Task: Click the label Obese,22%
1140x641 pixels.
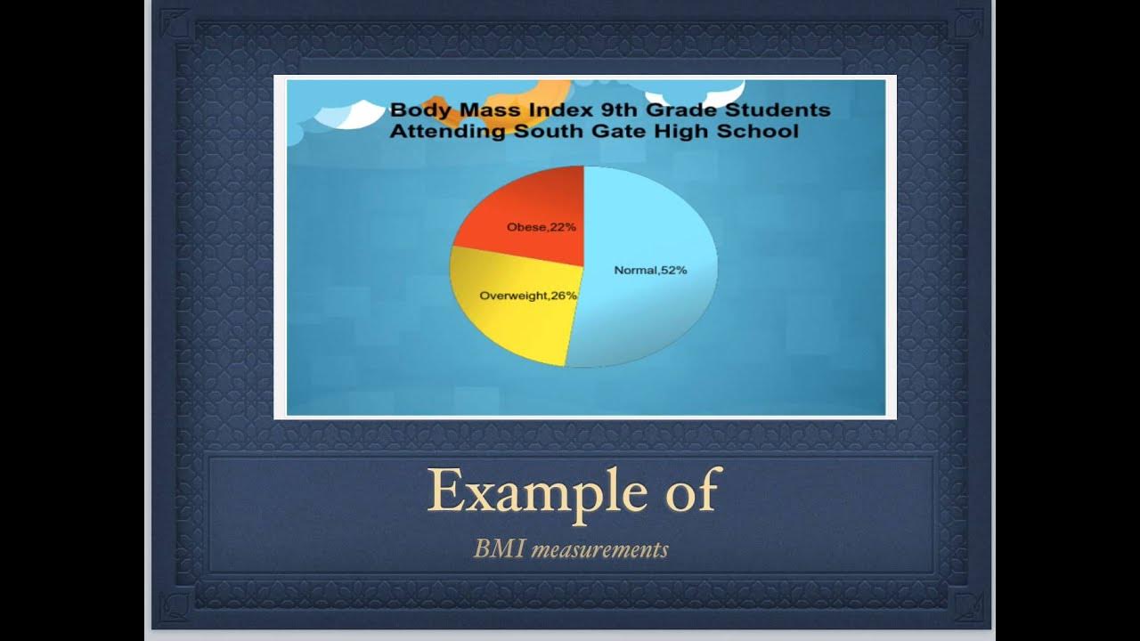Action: pyautogui.click(x=541, y=227)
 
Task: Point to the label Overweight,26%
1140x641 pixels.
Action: pyautogui.click(x=528, y=295)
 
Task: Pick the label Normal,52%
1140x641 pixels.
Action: pyautogui.click(x=650, y=270)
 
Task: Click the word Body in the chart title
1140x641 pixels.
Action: pyautogui.click(x=416, y=110)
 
